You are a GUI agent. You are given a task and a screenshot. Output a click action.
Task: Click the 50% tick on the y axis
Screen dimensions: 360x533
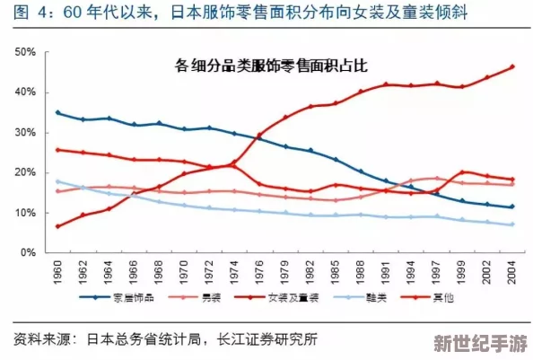tap(25, 53)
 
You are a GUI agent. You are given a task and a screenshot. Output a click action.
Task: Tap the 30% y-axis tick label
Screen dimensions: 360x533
tap(25, 133)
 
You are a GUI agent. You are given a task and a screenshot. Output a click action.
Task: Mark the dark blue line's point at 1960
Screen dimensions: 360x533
tap(58, 112)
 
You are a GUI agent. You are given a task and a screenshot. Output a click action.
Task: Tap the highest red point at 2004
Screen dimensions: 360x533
tap(512, 66)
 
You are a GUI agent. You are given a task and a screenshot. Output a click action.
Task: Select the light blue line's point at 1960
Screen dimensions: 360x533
tap(58, 181)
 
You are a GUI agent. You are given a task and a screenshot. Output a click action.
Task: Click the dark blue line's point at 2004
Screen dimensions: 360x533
tap(512, 206)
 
